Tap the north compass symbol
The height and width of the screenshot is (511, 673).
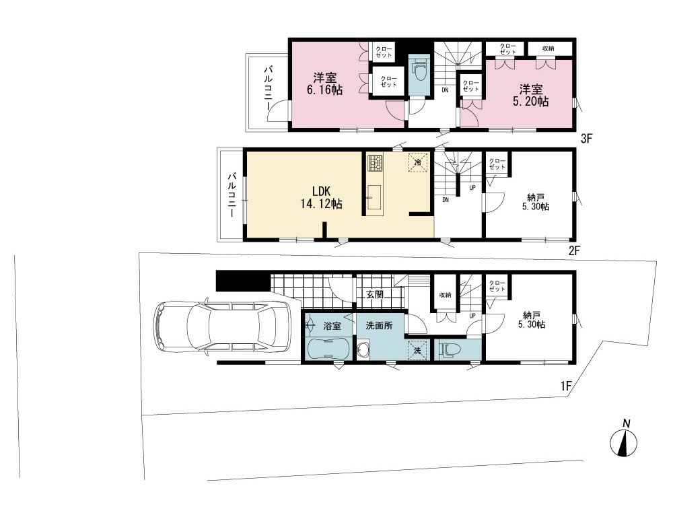point(624,439)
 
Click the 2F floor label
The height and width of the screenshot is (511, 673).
point(574,250)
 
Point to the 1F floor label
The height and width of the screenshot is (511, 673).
point(566,386)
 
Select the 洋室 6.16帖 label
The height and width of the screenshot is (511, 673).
point(324,83)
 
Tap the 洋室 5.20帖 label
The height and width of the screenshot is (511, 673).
point(531,96)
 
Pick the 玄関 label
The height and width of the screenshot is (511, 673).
point(375,295)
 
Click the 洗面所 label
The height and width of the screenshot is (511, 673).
point(379,325)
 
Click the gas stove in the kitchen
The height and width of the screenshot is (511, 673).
point(375,163)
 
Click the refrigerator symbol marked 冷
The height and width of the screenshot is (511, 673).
point(418,162)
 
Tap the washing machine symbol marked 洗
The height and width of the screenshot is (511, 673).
point(417,349)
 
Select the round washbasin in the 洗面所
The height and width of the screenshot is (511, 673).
point(364,350)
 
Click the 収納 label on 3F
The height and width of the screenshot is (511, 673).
point(548,48)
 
